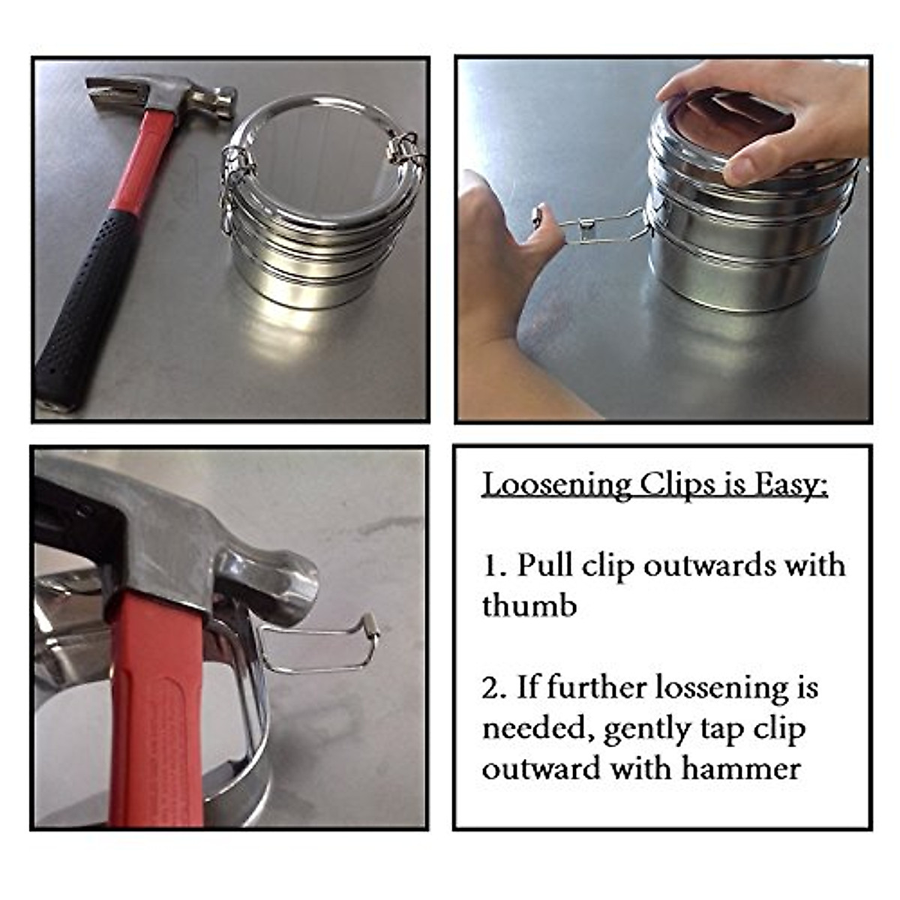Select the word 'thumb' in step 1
point(529,605)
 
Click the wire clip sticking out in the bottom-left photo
point(322,646)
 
